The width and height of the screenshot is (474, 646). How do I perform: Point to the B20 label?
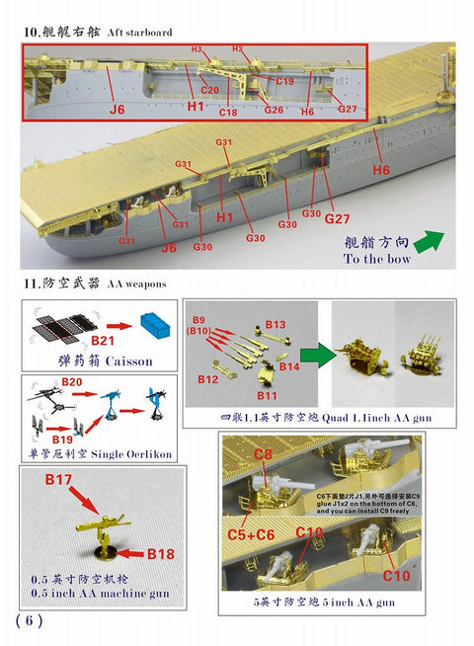tap(72, 380)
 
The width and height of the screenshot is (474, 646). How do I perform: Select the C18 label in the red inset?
tap(228, 114)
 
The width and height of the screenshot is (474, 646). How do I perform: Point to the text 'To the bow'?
tap(377, 259)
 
